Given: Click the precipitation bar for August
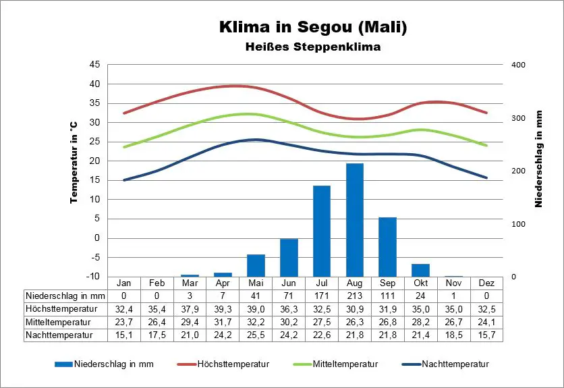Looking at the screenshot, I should click(x=355, y=220).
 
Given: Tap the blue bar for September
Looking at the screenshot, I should click(x=387, y=247).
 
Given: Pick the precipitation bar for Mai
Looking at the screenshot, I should click(x=256, y=265).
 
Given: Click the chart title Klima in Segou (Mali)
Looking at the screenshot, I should click(x=313, y=28).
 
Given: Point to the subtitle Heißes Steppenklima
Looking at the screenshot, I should click(x=312, y=47).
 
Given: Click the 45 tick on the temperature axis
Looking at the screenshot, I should click(x=94, y=65).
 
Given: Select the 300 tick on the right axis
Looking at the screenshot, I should click(x=517, y=118).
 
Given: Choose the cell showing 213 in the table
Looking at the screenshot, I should click(x=355, y=296).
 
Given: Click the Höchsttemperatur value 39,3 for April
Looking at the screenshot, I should click(x=223, y=308).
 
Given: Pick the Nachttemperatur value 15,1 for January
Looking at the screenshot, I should click(x=123, y=334).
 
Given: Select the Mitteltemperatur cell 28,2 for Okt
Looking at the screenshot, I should click(x=420, y=321).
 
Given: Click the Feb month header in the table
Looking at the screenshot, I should click(x=157, y=283).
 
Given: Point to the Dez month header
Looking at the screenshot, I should click(x=486, y=283).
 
